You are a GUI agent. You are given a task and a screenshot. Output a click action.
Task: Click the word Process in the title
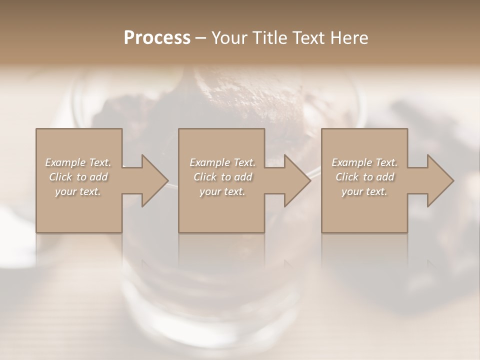click(x=157, y=38)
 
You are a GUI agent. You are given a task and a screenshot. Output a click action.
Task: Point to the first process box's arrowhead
click(x=152, y=180)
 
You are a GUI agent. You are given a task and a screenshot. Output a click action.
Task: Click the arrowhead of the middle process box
click(x=295, y=180)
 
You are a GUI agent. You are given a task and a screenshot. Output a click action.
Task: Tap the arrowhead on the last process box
click(x=438, y=180)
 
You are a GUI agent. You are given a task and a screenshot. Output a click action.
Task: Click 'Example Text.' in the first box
click(x=78, y=162)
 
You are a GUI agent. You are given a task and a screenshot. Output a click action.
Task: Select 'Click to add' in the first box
click(x=78, y=177)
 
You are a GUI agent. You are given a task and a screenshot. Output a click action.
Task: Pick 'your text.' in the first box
click(x=78, y=191)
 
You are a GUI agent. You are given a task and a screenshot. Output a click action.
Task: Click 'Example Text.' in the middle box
click(x=222, y=162)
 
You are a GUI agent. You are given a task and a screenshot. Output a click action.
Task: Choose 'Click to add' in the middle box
click(x=222, y=177)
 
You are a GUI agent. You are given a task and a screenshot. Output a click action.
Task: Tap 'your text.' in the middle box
click(x=222, y=191)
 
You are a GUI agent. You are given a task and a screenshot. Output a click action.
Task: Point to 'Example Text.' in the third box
click(x=364, y=162)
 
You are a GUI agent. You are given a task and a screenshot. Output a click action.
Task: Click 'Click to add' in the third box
click(x=364, y=177)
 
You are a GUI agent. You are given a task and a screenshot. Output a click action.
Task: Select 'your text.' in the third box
click(x=364, y=191)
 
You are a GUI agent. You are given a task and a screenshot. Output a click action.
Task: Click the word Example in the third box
click(x=352, y=162)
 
